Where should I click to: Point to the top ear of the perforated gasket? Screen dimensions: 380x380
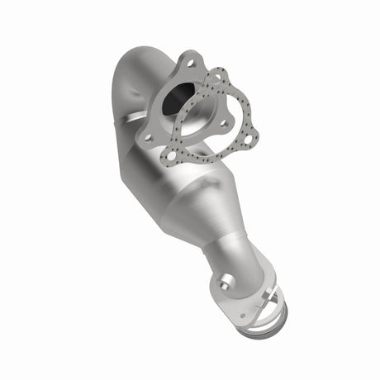pyautogui.click(x=219, y=77)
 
